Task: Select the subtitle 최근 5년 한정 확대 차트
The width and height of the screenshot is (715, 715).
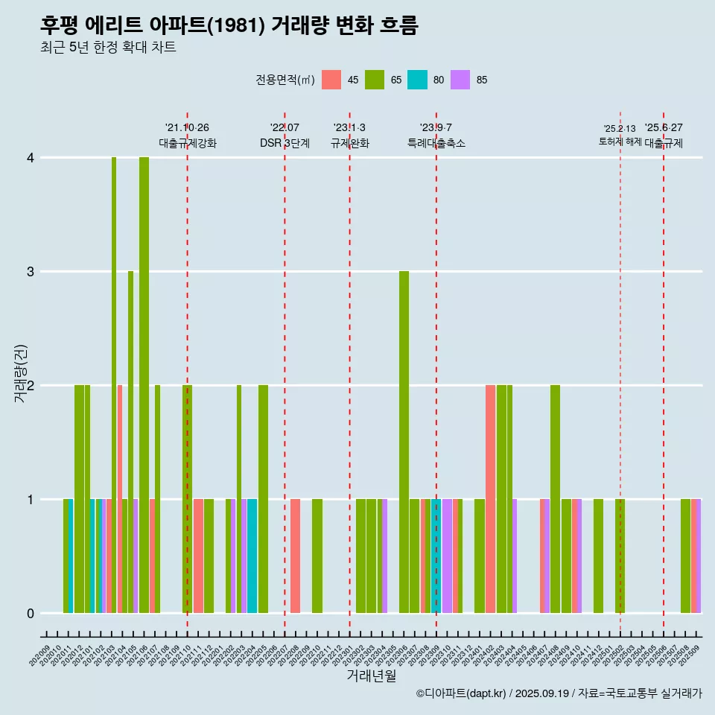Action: click(x=108, y=48)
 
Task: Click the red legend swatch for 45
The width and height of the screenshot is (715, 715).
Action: click(x=331, y=80)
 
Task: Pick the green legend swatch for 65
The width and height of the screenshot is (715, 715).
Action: click(x=375, y=80)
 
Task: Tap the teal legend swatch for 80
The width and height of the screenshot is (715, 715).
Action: click(x=418, y=80)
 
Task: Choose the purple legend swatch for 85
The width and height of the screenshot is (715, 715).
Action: click(x=461, y=80)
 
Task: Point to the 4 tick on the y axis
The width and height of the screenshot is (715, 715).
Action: click(x=31, y=158)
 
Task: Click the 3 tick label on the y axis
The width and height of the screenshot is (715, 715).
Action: click(x=31, y=272)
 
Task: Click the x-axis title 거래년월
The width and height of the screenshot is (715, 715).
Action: click(x=371, y=676)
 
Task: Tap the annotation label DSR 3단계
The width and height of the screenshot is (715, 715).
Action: click(x=285, y=143)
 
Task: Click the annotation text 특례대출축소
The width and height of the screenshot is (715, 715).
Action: click(x=436, y=143)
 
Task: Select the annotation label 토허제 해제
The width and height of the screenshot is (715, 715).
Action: click(x=620, y=142)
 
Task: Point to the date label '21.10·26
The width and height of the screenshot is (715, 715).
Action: click(x=187, y=128)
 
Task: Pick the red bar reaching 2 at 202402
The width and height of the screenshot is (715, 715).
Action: click(x=490, y=499)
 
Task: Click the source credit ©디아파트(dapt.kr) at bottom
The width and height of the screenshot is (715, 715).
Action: click(x=462, y=693)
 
